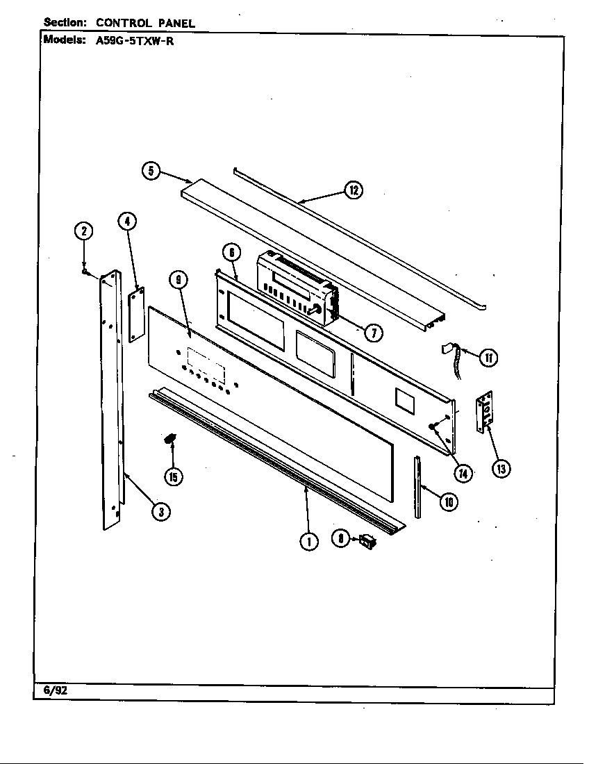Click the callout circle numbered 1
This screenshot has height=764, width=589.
click(x=308, y=542)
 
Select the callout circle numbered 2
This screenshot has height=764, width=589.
click(x=83, y=231)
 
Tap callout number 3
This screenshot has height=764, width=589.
click(x=160, y=512)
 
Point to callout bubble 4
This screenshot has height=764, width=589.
click(x=126, y=222)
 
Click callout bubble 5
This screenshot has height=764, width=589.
click(x=152, y=171)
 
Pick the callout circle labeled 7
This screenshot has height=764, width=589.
click(x=373, y=333)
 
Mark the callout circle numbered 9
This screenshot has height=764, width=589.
click(x=179, y=281)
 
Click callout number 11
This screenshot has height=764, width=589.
click(x=489, y=358)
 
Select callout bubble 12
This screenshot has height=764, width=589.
click(x=354, y=190)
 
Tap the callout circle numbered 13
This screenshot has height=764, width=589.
click(x=500, y=469)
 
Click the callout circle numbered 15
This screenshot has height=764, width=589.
click(x=173, y=476)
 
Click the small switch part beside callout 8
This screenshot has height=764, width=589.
click(x=365, y=541)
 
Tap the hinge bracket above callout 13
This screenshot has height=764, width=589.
click(x=485, y=413)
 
